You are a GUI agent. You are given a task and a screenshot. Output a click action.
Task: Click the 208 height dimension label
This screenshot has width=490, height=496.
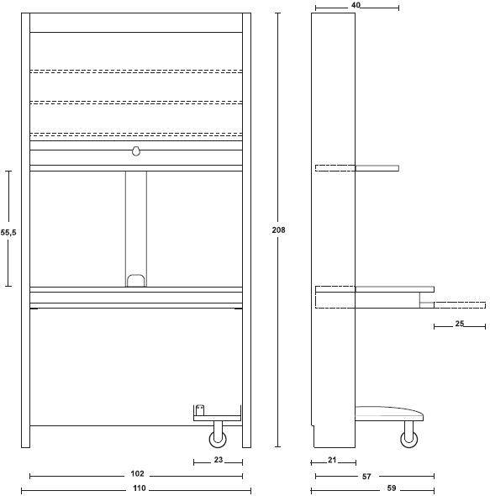(x=278, y=230)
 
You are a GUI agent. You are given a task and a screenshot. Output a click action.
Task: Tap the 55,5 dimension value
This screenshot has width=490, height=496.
(x=8, y=233)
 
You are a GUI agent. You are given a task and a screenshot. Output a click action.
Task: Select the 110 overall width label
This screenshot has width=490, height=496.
(x=140, y=488)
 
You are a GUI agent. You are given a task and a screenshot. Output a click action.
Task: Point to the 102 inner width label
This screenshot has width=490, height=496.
(x=137, y=473)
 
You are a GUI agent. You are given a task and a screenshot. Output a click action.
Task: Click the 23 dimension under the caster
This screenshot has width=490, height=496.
(x=219, y=460)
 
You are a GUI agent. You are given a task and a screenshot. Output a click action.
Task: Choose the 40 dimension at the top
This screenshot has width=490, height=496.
(x=356, y=5)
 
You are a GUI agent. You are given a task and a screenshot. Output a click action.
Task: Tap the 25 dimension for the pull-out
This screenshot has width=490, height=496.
(x=459, y=324)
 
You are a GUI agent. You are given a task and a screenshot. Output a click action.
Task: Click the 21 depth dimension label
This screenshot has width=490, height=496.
(x=332, y=460)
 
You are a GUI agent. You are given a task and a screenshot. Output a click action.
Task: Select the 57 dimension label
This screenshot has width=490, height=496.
(x=366, y=476)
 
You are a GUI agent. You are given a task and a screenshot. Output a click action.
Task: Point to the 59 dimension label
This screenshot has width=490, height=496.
(x=392, y=488)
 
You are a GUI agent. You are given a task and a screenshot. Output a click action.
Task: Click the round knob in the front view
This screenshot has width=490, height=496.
(x=136, y=151)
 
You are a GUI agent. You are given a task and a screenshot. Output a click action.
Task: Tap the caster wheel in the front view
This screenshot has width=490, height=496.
(x=218, y=439)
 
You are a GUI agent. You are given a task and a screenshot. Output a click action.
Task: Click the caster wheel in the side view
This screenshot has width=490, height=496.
(x=409, y=439)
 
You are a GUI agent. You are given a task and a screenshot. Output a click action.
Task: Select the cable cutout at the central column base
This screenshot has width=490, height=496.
(x=136, y=281)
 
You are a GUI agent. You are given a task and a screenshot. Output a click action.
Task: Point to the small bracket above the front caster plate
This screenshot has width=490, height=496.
(x=200, y=410)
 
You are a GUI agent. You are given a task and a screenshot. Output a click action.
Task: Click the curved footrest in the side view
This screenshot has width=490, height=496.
(x=389, y=414)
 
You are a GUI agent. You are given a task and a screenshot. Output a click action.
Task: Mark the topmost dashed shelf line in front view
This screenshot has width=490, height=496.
(x=136, y=71)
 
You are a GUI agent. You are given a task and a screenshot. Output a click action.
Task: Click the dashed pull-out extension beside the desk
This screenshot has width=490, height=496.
(x=460, y=305)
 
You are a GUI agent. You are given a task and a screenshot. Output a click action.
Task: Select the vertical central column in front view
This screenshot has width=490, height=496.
(x=136, y=229)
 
